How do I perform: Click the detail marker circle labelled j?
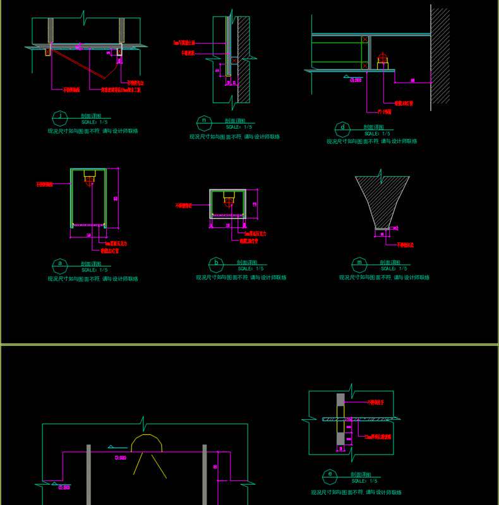(61, 117)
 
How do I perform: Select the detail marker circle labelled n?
(203, 121)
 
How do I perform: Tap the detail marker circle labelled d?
(342, 128)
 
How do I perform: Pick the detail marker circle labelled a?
(60, 263)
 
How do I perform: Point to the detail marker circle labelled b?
(217, 263)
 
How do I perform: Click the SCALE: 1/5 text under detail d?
(377, 134)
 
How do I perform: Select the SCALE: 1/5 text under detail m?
(394, 269)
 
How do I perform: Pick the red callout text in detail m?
(405, 245)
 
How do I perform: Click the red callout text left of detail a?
(44, 185)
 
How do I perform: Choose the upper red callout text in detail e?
(376, 402)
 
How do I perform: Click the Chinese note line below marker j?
(93, 131)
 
